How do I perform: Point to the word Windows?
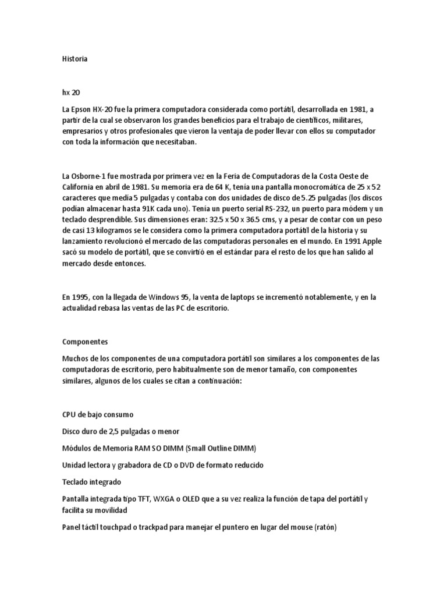tap(164, 297)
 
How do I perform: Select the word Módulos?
tap(77, 448)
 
